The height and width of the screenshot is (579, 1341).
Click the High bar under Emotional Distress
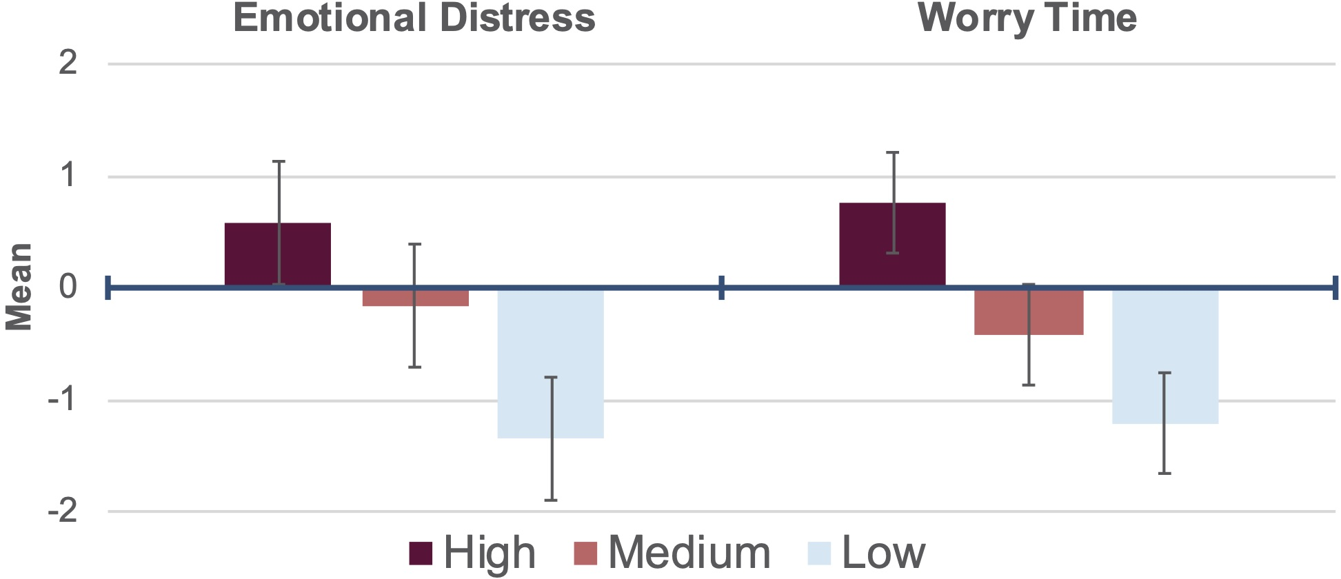(x=278, y=254)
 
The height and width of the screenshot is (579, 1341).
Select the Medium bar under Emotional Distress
(x=416, y=297)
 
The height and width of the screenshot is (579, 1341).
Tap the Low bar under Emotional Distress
(x=550, y=363)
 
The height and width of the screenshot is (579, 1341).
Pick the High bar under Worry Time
(x=892, y=244)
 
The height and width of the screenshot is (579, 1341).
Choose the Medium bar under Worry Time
(x=1029, y=312)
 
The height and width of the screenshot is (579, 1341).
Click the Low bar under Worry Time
(x=1165, y=356)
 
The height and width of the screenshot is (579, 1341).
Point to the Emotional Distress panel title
(x=414, y=18)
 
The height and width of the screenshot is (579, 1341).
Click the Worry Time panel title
(x=1027, y=19)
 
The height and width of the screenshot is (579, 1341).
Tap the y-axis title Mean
(x=19, y=287)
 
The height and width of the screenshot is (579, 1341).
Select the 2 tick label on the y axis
(x=68, y=63)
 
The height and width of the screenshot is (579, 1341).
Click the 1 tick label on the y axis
(x=68, y=176)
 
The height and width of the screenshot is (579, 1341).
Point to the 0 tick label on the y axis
(x=68, y=287)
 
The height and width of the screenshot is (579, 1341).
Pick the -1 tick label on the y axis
(x=61, y=400)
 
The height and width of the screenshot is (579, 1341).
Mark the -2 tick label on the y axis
(x=61, y=512)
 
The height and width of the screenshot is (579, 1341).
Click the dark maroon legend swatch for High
(x=421, y=553)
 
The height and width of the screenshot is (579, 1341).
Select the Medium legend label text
(x=689, y=553)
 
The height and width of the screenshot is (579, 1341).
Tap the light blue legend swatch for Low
(x=819, y=553)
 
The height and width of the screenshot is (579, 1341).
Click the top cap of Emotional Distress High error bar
(x=279, y=161)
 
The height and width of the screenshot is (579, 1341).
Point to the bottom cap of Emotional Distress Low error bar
(x=551, y=500)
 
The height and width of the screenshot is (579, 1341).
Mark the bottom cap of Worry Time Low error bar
(x=1164, y=473)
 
